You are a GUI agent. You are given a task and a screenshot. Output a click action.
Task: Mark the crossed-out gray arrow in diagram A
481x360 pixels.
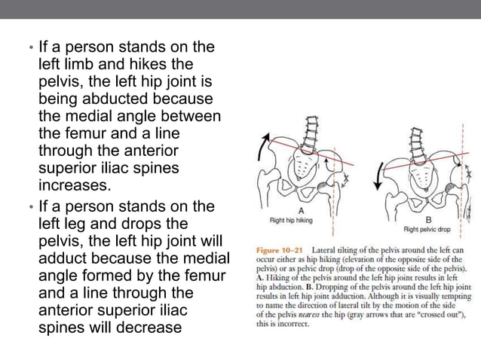(x=345, y=178)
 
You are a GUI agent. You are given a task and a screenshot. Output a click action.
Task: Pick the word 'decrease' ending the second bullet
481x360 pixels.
(x=149, y=328)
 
